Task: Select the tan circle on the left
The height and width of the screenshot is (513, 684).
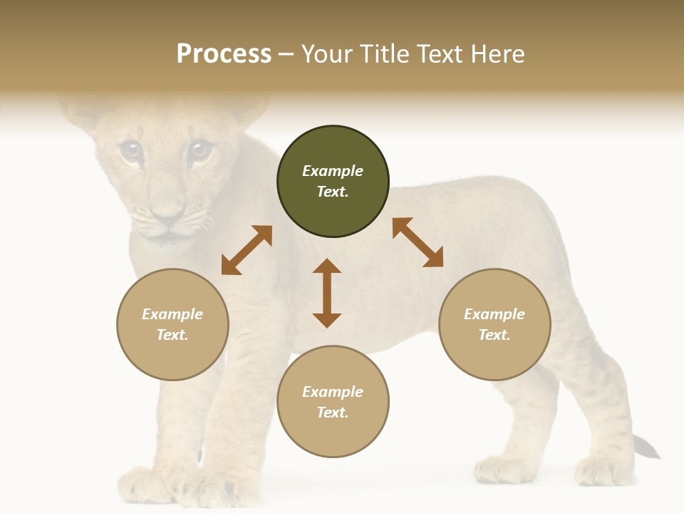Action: tap(172, 324)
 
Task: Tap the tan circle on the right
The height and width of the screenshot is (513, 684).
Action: tap(494, 324)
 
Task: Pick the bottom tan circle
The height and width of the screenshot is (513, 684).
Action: tap(333, 402)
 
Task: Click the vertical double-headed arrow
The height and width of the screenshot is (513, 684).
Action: tap(327, 293)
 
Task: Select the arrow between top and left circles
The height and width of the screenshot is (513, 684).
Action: tap(247, 250)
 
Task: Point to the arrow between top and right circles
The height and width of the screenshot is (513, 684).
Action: tap(418, 242)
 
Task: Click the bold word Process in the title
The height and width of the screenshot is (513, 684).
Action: tap(224, 53)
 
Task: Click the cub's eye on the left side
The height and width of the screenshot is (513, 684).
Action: tap(130, 150)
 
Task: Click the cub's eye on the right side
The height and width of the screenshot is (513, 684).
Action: tap(199, 150)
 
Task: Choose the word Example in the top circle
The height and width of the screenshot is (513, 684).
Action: tap(333, 171)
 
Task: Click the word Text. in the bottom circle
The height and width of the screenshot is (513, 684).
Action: tap(333, 413)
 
